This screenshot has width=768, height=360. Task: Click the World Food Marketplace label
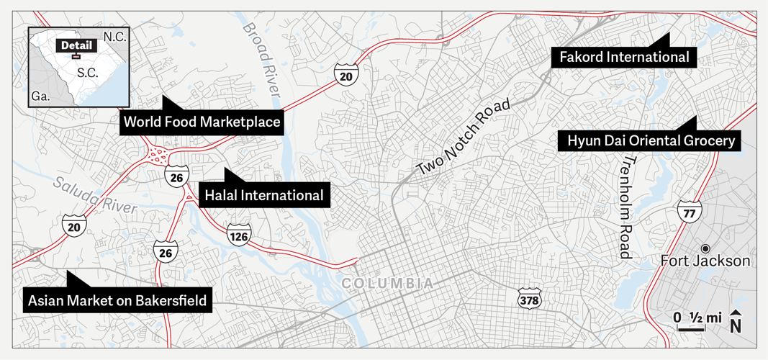pos(202,122)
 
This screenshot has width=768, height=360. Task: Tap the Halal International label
pos(264,195)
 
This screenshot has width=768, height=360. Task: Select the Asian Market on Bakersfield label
pos(118,300)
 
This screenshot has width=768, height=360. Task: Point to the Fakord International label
pos(620,57)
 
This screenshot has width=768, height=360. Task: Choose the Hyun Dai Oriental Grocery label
pos(650,140)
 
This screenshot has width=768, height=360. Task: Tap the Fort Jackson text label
pos(705,261)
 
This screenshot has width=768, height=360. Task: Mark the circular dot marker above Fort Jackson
pos(705,247)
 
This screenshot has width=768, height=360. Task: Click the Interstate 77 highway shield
pos(689,211)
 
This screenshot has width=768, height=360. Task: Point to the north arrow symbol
pos(736,322)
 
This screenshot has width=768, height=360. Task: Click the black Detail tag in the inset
pos(76,45)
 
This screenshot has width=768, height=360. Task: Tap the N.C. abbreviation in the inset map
pos(114,37)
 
